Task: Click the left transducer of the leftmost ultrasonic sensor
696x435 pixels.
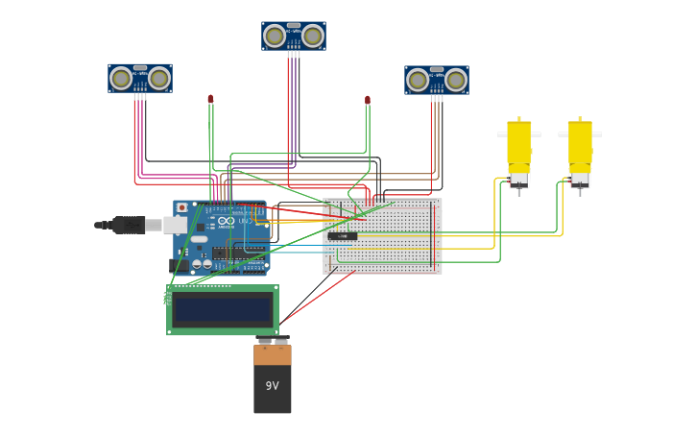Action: click(121, 79)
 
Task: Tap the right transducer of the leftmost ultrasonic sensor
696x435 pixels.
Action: click(159, 79)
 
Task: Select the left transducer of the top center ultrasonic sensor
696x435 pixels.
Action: click(275, 36)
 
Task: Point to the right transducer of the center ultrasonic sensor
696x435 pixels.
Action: click(313, 36)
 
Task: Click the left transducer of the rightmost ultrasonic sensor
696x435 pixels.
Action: click(418, 81)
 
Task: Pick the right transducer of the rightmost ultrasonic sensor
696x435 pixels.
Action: click(456, 81)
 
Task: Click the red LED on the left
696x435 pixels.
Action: click(210, 99)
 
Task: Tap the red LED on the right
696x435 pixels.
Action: click(367, 100)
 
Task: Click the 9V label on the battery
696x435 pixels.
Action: click(272, 386)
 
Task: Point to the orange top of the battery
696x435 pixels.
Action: click(273, 354)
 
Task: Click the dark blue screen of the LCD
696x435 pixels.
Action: click(223, 310)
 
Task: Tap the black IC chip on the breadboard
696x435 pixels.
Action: click(343, 235)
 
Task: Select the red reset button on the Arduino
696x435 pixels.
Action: click(181, 207)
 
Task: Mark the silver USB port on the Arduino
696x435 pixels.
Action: click(176, 225)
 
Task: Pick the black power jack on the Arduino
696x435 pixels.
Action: click(179, 264)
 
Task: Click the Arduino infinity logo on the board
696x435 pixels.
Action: click(227, 222)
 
